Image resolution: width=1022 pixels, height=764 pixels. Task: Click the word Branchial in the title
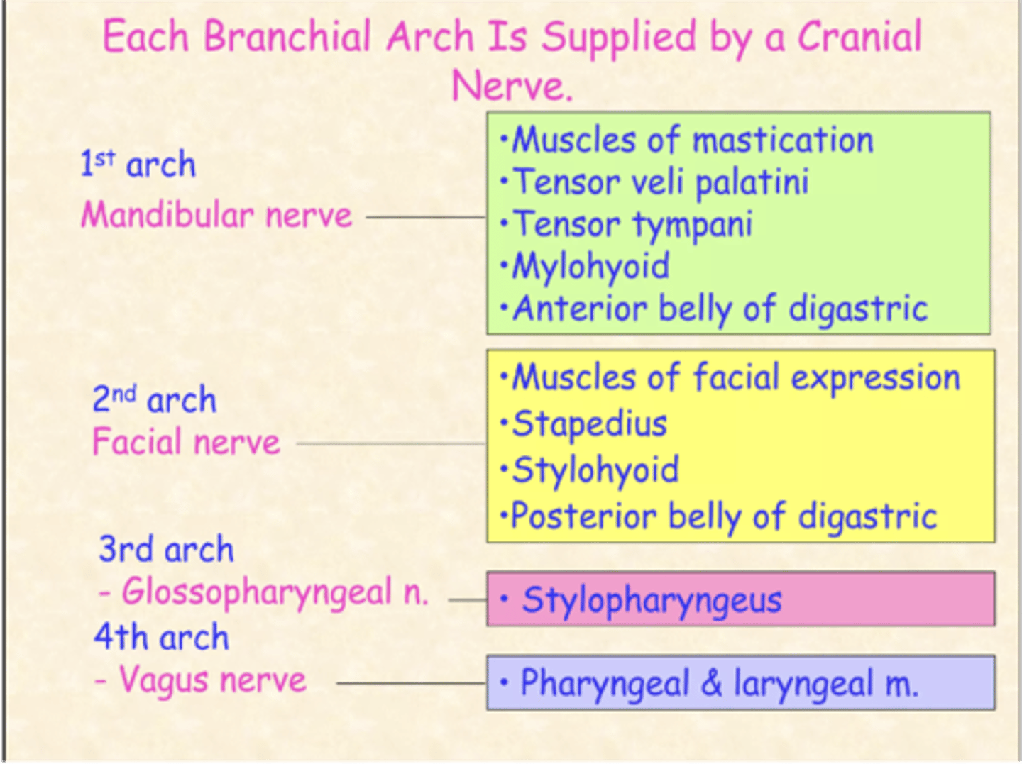tap(287, 37)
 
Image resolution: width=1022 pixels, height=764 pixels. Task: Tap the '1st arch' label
tap(138, 165)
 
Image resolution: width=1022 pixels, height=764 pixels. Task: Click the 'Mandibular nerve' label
tap(216, 215)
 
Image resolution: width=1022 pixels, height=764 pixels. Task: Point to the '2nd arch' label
tap(154, 399)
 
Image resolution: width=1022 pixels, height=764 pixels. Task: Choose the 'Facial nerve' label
tap(186, 443)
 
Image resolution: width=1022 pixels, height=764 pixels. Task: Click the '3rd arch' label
tap(166, 549)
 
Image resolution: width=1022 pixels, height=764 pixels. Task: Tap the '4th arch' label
tap(162, 636)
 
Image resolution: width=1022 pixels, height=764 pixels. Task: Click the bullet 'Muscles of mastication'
tap(692, 140)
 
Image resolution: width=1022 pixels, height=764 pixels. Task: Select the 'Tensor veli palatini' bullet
tap(660, 182)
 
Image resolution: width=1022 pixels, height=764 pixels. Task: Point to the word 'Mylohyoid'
tap(590, 267)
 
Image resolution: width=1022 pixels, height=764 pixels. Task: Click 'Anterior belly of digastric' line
tap(720, 309)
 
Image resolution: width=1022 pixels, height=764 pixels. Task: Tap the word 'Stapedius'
tap(589, 424)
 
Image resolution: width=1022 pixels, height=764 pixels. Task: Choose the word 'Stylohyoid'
tap(595, 470)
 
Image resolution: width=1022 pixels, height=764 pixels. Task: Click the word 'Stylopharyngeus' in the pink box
tap(652, 600)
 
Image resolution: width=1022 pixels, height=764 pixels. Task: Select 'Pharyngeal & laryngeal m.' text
tap(718, 684)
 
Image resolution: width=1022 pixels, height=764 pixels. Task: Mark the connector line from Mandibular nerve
tap(426, 217)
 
